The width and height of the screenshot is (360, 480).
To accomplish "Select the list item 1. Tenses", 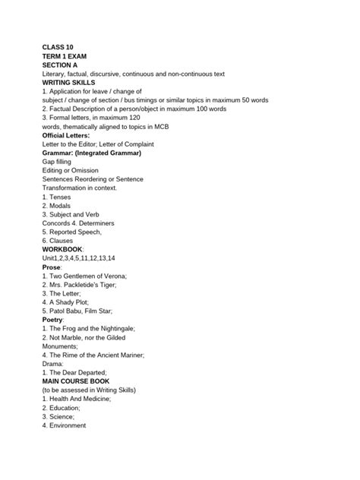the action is coord(58,197).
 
